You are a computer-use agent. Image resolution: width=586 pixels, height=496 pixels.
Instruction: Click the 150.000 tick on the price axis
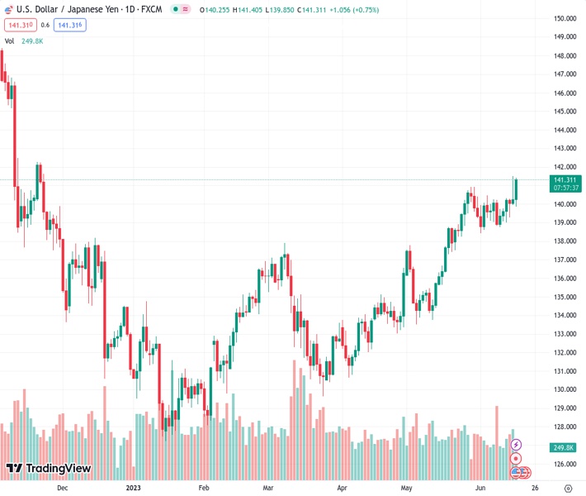tap(564, 18)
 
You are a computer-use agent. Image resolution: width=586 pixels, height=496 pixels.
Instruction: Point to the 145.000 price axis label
tap(564, 111)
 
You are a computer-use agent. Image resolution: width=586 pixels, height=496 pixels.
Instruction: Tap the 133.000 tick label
tap(564, 334)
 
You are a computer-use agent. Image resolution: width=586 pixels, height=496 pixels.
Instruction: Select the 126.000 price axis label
tap(564, 464)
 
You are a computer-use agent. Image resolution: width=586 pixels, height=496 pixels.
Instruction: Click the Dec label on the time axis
tap(62, 488)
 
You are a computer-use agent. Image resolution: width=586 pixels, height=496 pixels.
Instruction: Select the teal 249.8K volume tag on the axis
tap(565, 447)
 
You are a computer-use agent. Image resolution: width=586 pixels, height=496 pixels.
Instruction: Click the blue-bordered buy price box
tap(70, 25)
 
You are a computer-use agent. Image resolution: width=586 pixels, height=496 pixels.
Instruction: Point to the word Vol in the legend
tap(10, 41)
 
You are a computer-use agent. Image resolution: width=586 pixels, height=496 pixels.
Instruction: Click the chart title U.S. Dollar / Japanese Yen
tap(65, 8)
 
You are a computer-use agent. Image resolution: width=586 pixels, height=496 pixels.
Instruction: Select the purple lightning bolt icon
tap(516, 446)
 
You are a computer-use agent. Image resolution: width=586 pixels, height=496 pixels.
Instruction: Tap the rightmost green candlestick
tap(516, 189)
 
